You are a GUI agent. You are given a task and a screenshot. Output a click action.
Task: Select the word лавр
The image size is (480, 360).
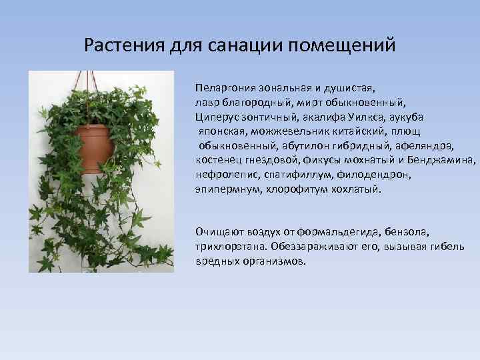coord(207,102)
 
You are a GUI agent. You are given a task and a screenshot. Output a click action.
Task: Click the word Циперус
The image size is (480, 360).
coord(215,117)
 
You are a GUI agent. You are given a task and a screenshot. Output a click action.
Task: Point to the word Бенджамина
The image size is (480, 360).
coord(447,161)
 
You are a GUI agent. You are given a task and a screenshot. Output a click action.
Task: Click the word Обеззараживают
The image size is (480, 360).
coord(318,247)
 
